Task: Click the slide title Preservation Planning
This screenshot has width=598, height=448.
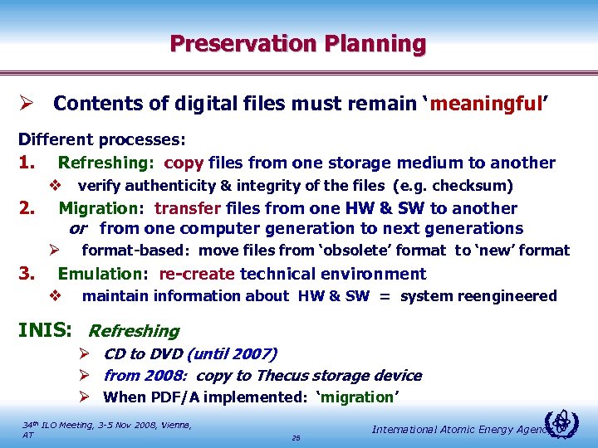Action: (298, 43)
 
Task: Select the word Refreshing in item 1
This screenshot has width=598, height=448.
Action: (105, 163)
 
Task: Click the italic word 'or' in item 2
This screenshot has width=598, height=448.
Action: (77, 228)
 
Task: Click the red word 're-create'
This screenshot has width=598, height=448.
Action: (196, 274)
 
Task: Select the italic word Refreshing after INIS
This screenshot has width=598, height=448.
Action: (134, 331)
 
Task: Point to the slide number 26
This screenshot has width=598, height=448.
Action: (297, 437)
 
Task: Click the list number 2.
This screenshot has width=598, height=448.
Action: (27, 208)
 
